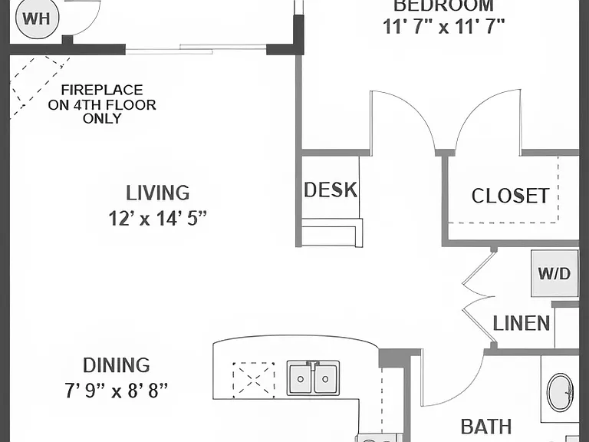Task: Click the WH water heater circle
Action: click(37, 18)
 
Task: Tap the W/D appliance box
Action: click(554, 273)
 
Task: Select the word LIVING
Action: click(158, 193)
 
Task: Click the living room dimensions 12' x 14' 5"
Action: click(158, 219)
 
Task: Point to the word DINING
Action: click(117, 365)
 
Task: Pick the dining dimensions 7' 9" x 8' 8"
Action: click(117, 391)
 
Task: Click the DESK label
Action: click(331, 190)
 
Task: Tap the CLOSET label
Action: click(511, 196)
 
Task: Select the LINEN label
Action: click(522, 324)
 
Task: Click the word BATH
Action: click(486, 427)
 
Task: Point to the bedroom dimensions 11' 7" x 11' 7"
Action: click(443, 27)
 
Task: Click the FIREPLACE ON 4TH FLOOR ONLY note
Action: click(102, 104)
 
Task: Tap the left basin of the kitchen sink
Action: click(300, 379)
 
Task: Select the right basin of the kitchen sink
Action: click(325, 379)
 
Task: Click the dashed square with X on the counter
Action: click(254, 380)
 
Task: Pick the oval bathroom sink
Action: click(560, 393)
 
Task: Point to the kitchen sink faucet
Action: click(313, 364)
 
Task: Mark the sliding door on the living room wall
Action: click(196, 49)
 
